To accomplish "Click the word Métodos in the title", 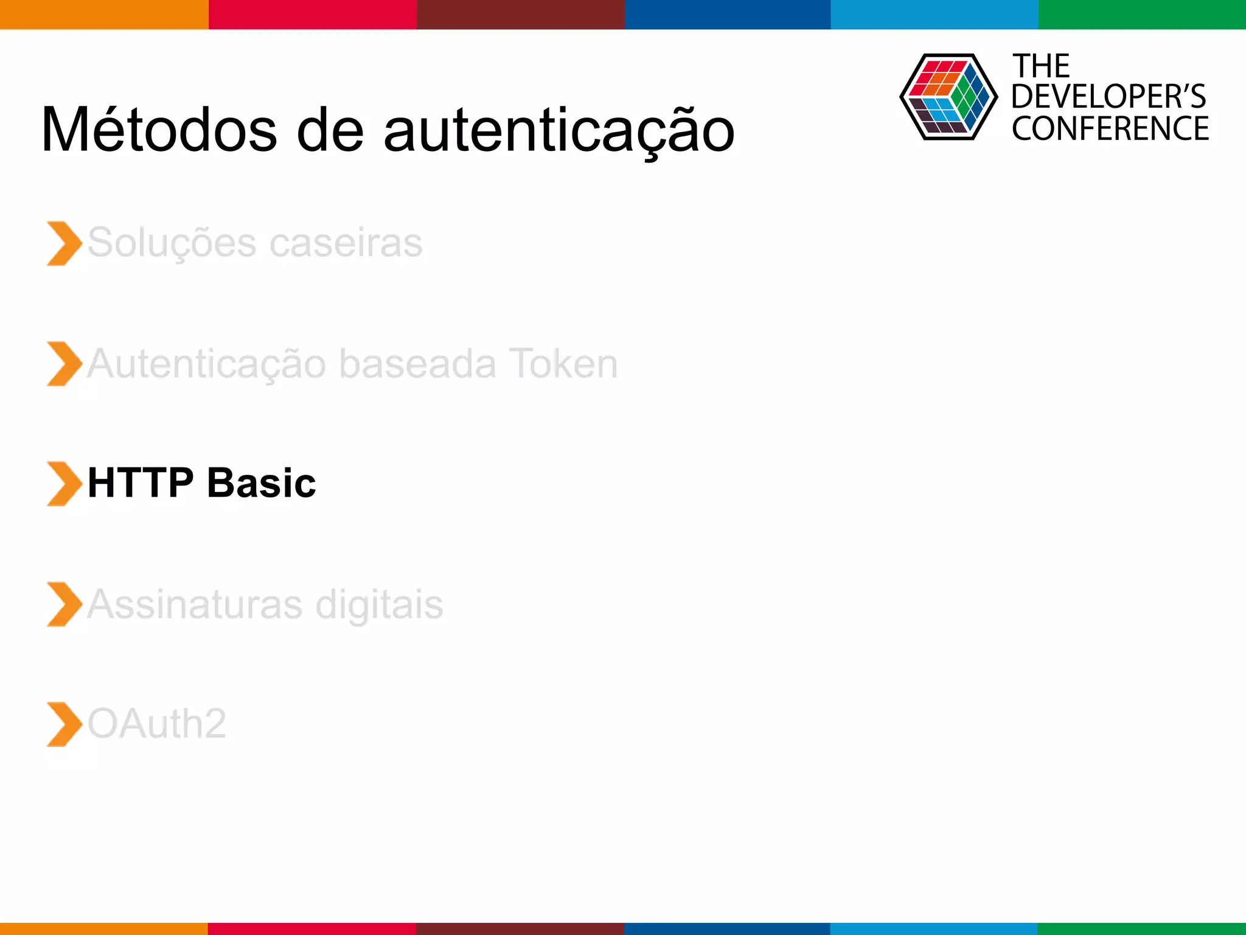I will [x=159, y=130].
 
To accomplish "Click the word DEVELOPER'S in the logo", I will [x=1108, y=97].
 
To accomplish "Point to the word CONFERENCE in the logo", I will [x=1110, y=129].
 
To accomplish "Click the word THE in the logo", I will [x=1041, y=66].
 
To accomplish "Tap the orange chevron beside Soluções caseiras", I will [x=63, y=243].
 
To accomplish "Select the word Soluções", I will [x=172, y=243].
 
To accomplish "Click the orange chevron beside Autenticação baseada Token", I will [x=63, y=364].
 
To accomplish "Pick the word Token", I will [x=563, y=363].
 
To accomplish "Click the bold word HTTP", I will [x=141, y=483].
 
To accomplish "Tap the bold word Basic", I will [x=262, y=483].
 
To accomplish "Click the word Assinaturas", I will [x=195, y=604].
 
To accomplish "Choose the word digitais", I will [x=379, y=604].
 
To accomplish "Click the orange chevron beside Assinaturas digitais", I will [x=63, y=604].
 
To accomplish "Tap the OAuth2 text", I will [x=157, y=724].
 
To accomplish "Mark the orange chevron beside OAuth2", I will [x=63, y=724].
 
